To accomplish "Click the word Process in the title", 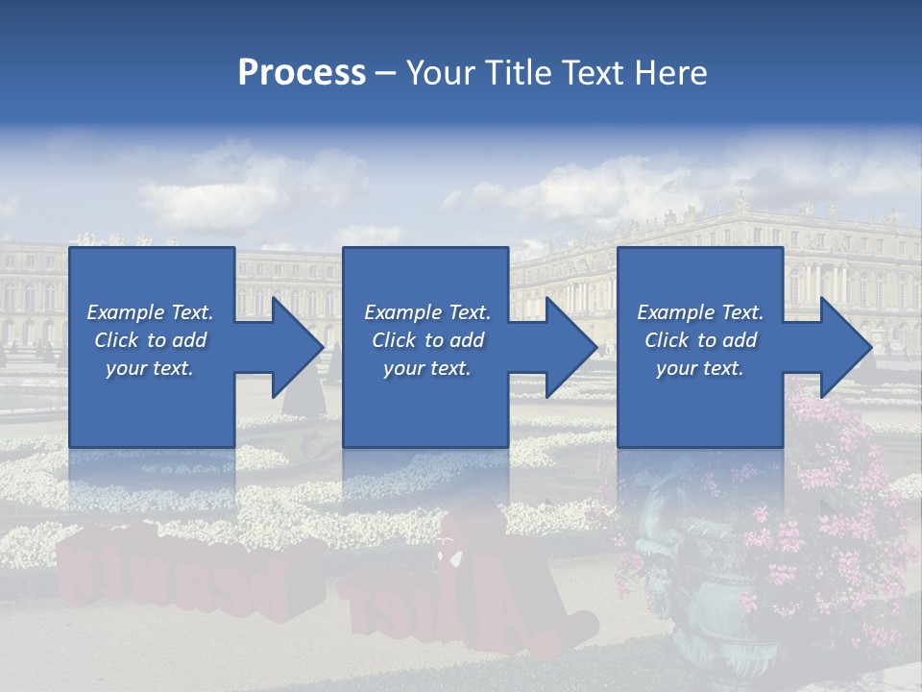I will tap(302, 73).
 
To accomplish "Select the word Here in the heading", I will tap(671, 73).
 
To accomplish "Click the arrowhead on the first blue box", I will tap(293, 347).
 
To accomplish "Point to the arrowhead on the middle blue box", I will tap(567, 347).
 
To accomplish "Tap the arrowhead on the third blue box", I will tap(841, 347).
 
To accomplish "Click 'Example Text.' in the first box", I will tap(150, 311).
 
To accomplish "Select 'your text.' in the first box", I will tap(150, 368).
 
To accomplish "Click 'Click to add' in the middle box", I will tap(426, 340).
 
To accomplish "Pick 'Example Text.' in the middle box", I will tap(426, 311).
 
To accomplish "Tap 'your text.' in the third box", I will tap(699, 368).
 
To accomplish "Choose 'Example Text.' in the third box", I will tap(699, 311).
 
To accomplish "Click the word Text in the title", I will tap(593, 73).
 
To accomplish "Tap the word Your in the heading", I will tap(440, 73).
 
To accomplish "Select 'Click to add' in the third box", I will tap(699, 340).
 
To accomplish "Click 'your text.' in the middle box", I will tap(426, 368).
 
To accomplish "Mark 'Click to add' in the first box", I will tap(150, 340).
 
